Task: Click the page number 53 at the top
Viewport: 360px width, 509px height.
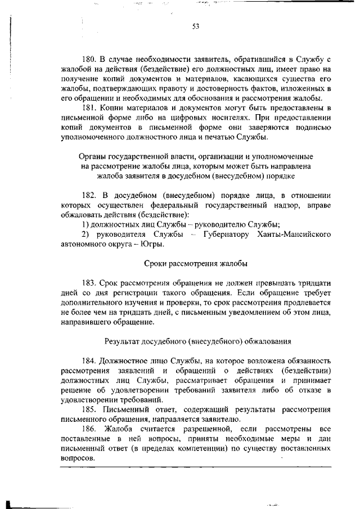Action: pyautogui.click(x=195, y=26)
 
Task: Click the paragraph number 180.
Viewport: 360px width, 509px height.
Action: pyautogui.click(x=91, y=58)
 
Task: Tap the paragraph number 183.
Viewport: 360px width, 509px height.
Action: pyautogui.click(x=91, y=283)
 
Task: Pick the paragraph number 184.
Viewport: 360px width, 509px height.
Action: pyautogui.click(x=91, y=359)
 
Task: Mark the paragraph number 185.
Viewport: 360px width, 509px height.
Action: pyautogui.click(x=91, y=409)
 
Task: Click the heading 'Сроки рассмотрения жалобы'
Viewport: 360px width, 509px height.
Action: pyautogui.click(x=195, y=264)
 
